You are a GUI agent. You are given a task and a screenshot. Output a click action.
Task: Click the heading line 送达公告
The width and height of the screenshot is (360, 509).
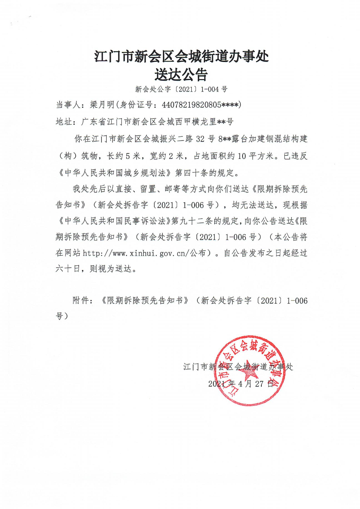click(x=181, y=75)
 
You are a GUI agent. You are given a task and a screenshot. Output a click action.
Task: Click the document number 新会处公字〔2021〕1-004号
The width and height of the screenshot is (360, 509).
click(x=181, y=89)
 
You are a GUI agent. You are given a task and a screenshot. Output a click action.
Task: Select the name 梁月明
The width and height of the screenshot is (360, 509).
click(x=102, y=105)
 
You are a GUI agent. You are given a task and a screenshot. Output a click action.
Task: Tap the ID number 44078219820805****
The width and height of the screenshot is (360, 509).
click(x=200, y=105)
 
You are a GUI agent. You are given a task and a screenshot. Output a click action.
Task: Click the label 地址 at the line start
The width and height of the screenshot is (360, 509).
click(x=64, y=122)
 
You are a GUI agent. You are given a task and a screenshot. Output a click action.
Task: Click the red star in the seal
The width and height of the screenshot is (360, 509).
click(x=248, y=371)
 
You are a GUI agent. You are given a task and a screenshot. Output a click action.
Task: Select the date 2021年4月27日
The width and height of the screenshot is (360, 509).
click(x=241, y=384)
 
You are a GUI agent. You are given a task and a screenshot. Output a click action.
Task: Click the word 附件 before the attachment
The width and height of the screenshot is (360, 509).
click(x=81, y=300)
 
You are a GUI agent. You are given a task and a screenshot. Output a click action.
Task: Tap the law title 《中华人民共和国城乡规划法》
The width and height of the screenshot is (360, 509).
click(x=114, y=173)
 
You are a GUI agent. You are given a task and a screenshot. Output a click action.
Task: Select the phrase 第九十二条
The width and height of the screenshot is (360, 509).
click(x=192, y=221)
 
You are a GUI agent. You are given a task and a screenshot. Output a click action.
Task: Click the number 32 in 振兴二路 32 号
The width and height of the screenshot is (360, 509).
click(x=200, y=139)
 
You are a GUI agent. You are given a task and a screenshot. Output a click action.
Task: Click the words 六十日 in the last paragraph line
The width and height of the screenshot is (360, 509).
click(x=68, y=269)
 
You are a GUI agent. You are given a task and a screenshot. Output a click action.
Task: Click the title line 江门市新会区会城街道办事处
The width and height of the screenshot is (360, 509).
click(x=181, y=57)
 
